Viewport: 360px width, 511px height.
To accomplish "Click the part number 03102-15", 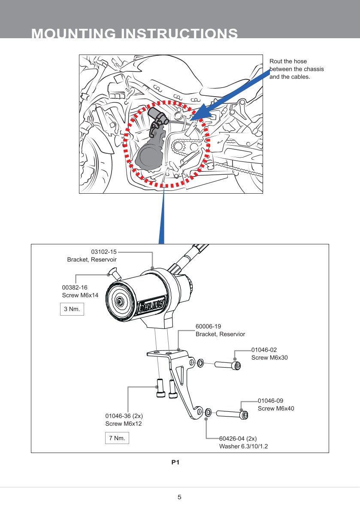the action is (x=104, y=252).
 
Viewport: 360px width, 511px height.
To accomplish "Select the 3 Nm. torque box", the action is (x=72, y=309).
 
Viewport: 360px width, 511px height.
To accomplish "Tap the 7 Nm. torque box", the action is (x=117, y=438).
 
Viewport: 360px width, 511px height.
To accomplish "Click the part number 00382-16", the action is (x=75, y=287).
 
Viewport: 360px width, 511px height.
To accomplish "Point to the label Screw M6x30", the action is (x=269, y=358).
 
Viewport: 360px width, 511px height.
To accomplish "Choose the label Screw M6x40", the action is (x=276, y=408).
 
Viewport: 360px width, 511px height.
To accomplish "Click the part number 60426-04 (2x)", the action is (x=238, y=439).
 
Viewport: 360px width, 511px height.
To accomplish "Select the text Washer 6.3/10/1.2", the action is (x=243, y=447).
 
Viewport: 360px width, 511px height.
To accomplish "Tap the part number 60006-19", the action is (x=208, y=326).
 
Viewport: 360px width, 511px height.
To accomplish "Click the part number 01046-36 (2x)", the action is (x=124, y=416).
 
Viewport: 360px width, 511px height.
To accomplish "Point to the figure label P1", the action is (x=175, y=462).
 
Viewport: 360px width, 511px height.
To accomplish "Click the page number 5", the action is (x=179, y=497).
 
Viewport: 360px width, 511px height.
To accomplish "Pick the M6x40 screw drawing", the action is (x=232, y=414).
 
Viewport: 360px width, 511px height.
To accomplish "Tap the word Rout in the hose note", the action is (x=276, y=61).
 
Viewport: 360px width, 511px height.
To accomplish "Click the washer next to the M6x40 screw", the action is (x=208, y=412).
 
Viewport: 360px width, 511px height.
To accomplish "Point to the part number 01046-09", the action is (x=270, y=401).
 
